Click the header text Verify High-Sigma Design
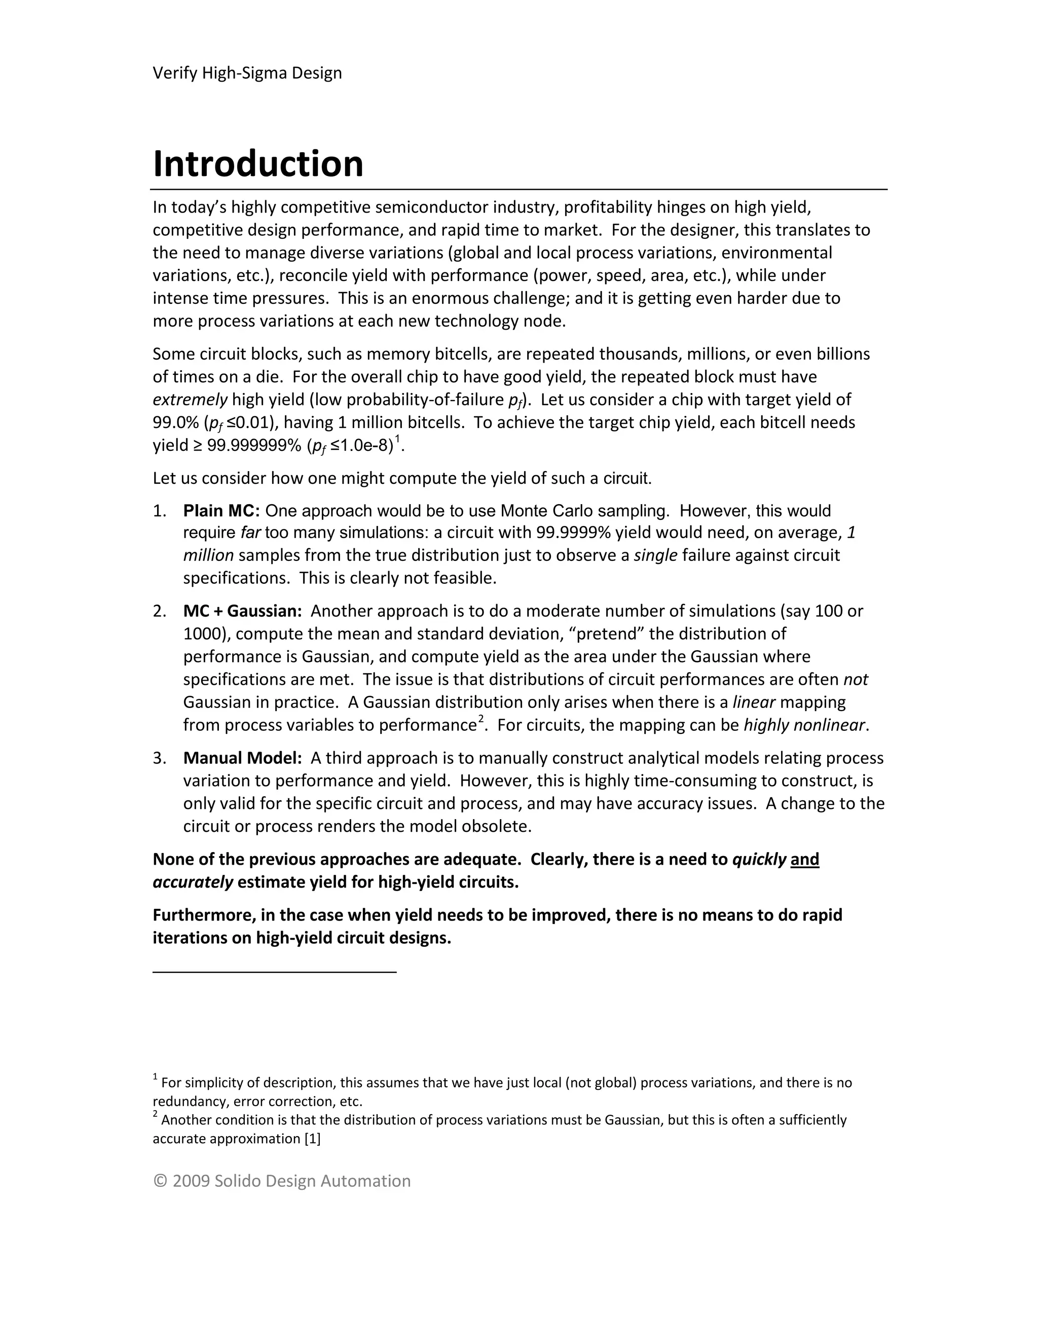pos(247,73)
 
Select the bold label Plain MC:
pos(221,511)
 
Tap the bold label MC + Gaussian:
pos(242,611)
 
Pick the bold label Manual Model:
pos(242,758)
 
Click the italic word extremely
pos(190,400)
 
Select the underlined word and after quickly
pos(804,860)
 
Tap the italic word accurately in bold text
pos(193,882)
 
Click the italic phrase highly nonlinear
pos(804,726)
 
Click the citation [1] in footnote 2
pos(312,1139)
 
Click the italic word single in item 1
pos(655,556)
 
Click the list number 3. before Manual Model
pos(159,758)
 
